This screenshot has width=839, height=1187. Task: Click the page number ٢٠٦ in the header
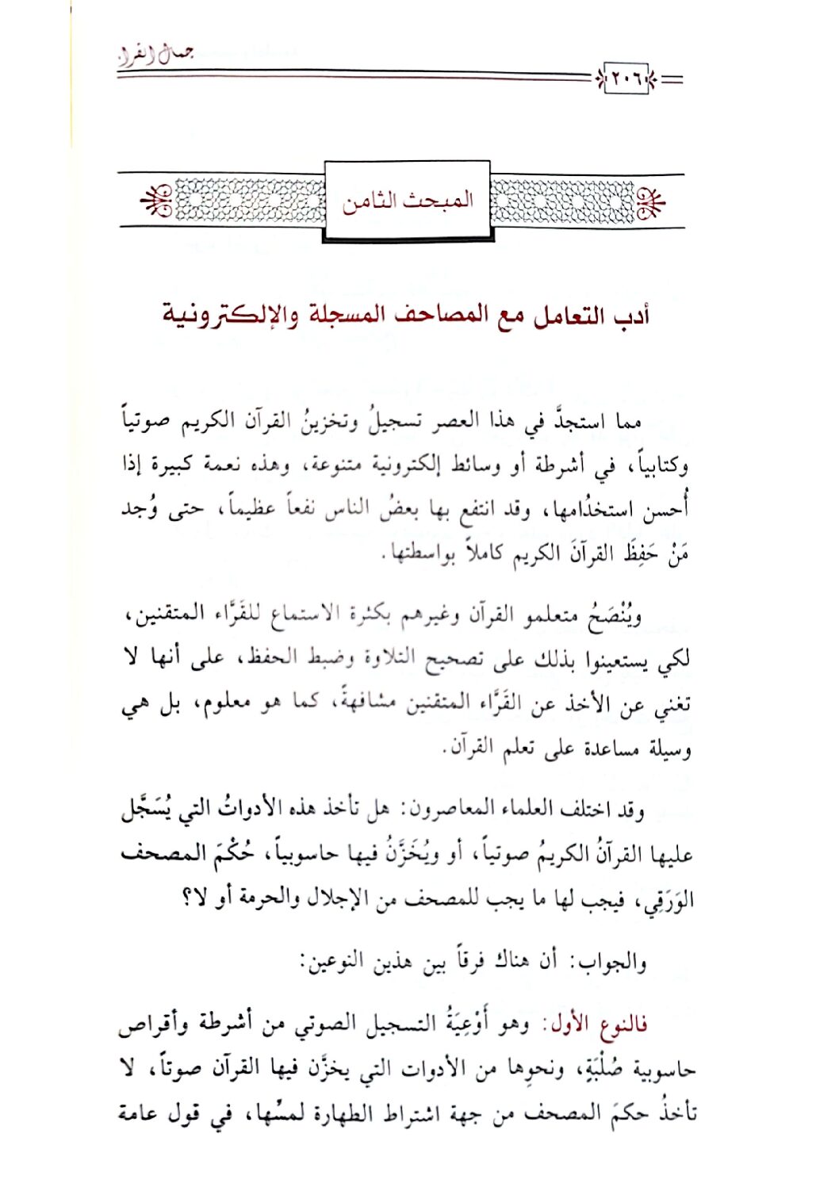(626, 78)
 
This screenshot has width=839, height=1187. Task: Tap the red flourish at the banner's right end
(653, 201)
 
